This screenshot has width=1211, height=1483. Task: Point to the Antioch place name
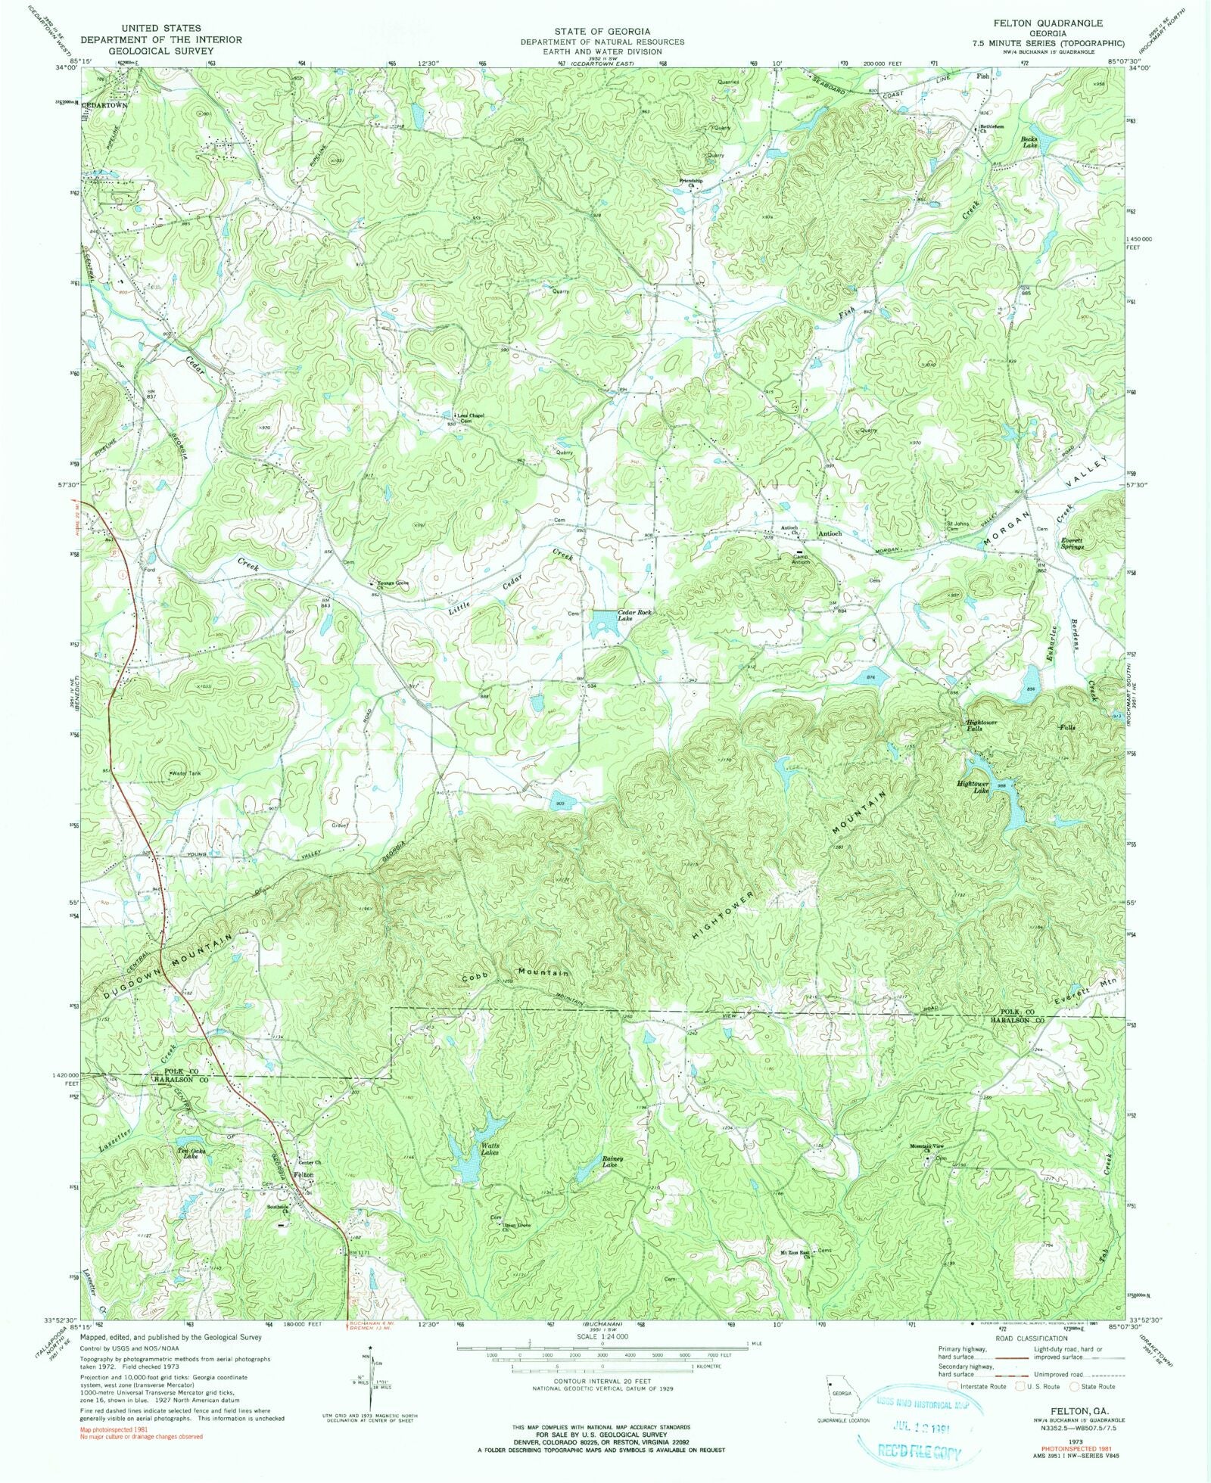click(830, 533)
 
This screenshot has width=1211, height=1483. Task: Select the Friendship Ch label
click(690, 182)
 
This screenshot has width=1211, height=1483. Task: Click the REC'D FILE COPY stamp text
click(918, 1450)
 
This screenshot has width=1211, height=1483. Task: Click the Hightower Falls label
click(982, 725)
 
